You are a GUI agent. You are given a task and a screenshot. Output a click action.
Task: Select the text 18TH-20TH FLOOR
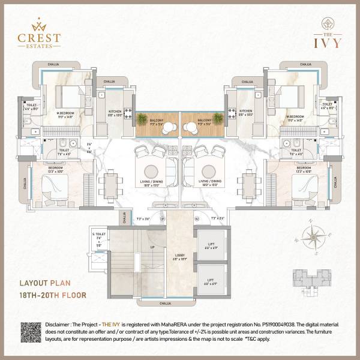click(53, 295)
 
